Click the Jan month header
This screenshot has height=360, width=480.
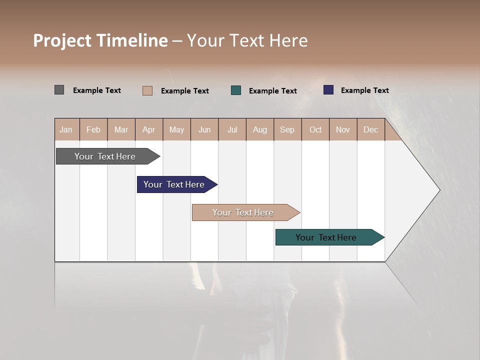(66, 130)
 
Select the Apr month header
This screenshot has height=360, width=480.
(149, 130)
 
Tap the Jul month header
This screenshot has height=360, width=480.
(232, 130)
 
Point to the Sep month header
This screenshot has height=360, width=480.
(287, 130)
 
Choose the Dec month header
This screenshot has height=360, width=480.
(370, 130)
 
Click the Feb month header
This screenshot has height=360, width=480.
(93, 130)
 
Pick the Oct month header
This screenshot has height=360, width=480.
(315, 130)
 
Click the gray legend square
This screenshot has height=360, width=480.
(59, 90)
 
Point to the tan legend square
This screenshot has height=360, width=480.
(147, 90)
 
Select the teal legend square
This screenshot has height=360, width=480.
(236, 90)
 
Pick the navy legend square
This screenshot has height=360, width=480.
(328, 90)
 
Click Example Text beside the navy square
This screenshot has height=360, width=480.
(364, 90)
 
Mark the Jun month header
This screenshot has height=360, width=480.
(204, 130)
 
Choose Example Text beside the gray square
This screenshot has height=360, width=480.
(97, 90)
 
